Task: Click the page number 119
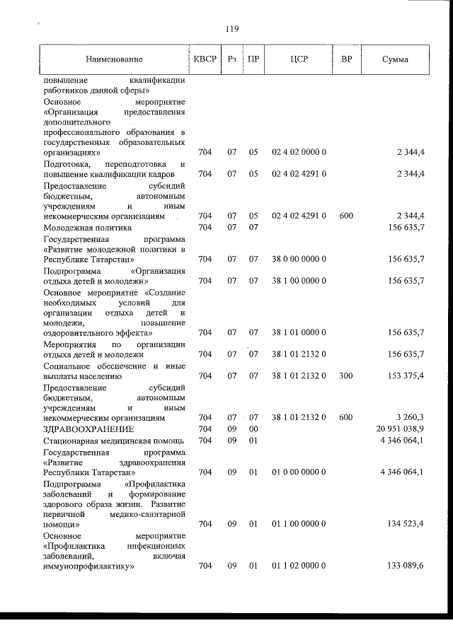(231, 29)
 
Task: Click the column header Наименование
(114, 59)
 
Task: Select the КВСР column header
(205, 59)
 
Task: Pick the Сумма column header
(394, 59)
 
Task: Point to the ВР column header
(346, 59)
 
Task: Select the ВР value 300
(346, 376)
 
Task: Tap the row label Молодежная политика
(87, 227)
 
